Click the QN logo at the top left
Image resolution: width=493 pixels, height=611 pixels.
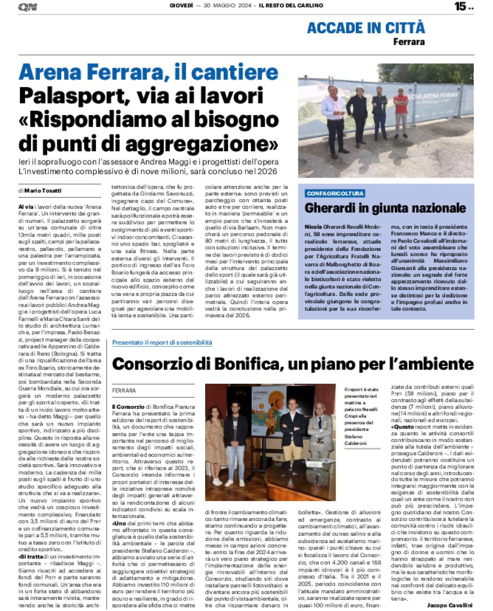[x=27, y=7]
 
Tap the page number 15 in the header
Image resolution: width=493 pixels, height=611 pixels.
[x=461, y=6]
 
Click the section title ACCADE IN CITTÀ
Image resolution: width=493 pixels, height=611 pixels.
[x=365, y=28]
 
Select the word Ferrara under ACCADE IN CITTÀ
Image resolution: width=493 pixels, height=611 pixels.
[x=409, y=42]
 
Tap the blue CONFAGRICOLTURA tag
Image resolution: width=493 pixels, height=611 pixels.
[x=335, y=194]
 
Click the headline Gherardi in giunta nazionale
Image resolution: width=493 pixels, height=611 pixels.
[x=385, y=208]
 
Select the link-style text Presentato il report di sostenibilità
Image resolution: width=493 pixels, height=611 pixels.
[x=162, y=342]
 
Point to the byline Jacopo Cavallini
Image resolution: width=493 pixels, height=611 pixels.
[x=449, y=605]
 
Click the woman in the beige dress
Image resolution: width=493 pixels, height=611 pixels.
[x=215, y=445]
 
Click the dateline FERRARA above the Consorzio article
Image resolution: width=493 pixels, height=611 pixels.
[x=124, y=390]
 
